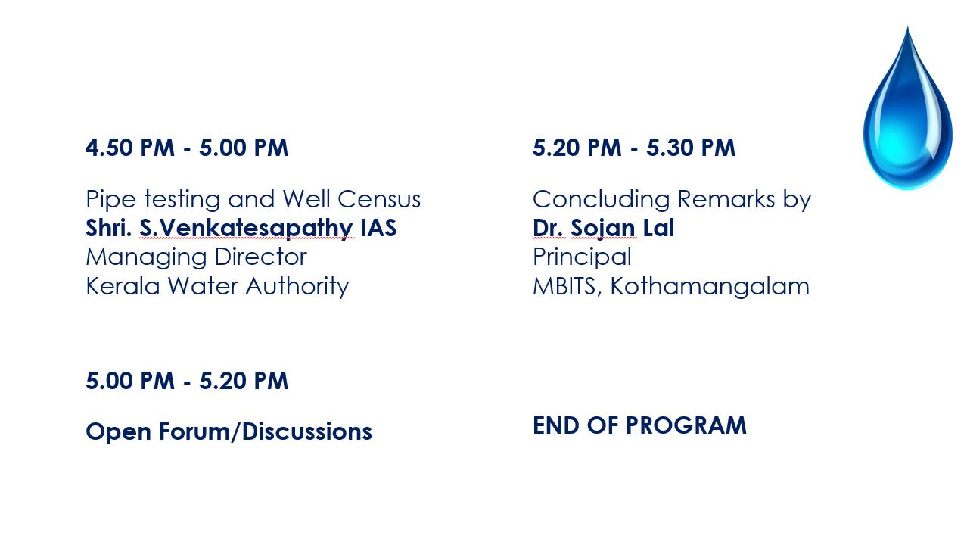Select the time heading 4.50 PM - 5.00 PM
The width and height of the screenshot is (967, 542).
(186, 148)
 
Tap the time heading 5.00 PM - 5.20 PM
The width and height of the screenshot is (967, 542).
(186, 381)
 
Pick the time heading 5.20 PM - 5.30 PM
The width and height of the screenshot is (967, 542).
(633, 148)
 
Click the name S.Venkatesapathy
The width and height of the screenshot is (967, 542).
(246, 228)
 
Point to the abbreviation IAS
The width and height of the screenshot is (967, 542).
(378, 228)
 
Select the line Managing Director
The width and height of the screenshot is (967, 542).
(196, 257)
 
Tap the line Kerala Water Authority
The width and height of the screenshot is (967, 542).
(217, 286)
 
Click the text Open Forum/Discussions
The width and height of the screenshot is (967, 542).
(229, 431)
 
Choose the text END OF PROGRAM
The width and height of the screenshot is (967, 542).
(639, 425)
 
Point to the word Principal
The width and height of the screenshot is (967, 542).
(582, 257)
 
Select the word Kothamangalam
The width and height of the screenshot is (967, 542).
(710, 286)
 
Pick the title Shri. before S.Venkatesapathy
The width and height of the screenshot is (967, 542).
(109, 228)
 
